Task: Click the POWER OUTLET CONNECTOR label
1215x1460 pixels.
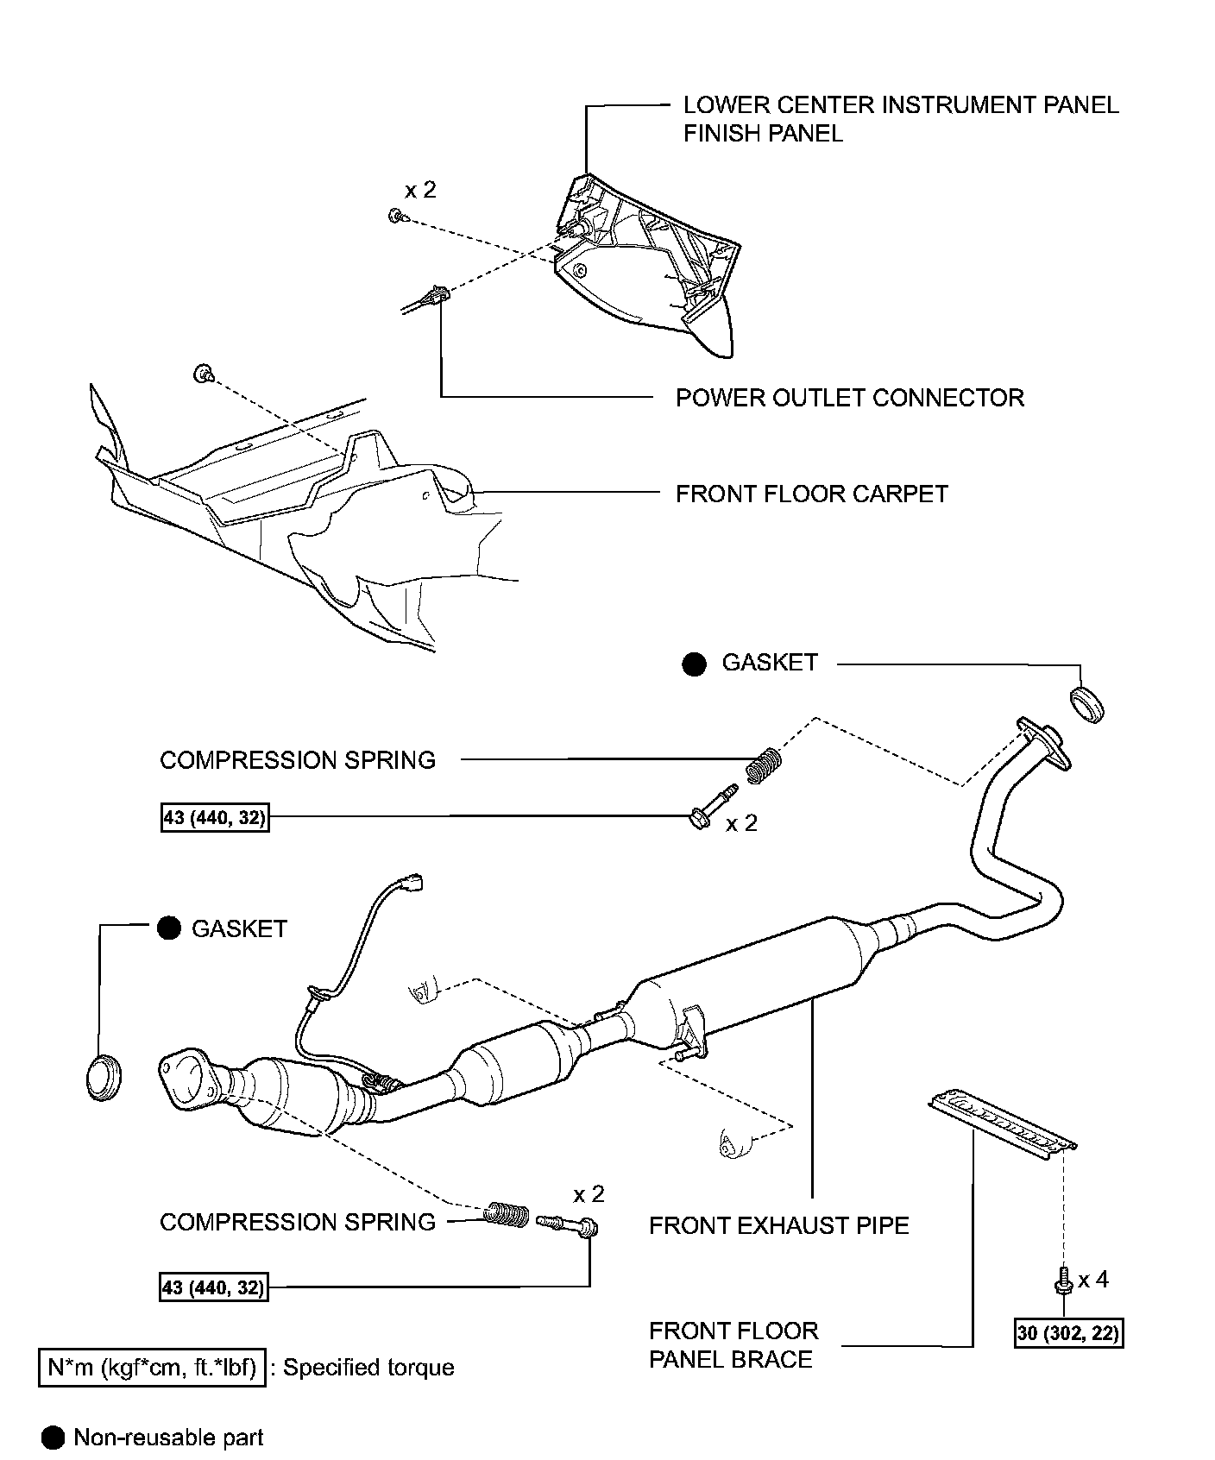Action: point(849,398)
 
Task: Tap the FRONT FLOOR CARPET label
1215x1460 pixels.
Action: point(811,494)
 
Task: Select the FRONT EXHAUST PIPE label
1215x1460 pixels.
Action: point(778,1225)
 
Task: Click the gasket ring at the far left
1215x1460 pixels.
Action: point(104,1077)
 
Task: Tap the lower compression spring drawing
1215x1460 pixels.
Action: point(507,1215)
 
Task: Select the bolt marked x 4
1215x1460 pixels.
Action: point(1064,1280)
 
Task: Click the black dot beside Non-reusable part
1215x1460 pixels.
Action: point(53,1438)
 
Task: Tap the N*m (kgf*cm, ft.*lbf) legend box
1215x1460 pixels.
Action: point(152,1368)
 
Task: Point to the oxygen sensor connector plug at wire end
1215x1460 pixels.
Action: point(412,882)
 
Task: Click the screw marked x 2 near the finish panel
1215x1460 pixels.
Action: point(395,215)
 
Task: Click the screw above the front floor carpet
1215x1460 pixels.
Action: point(203,374)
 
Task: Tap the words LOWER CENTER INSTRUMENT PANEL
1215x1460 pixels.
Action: point(900,105)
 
